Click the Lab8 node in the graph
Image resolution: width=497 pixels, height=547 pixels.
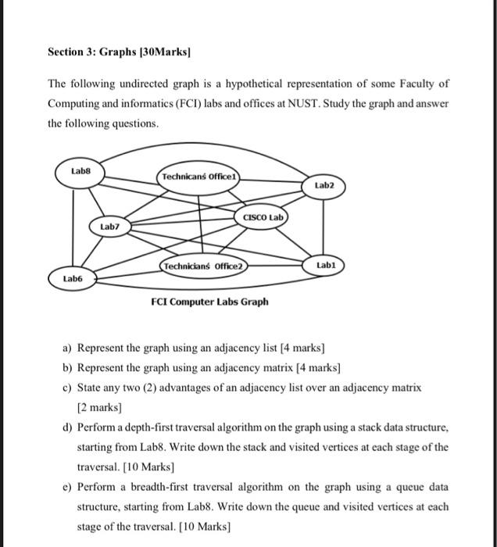[x=80, y=170]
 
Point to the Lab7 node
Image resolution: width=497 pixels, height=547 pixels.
[x=109, y=227]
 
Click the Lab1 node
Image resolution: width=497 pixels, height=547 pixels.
[x=325, y=266]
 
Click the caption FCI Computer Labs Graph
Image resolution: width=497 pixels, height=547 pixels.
[x=210, y=302]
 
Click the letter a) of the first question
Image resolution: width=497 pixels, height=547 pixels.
[x=68, y=347]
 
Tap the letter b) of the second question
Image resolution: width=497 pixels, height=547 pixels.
[x=68, y=366]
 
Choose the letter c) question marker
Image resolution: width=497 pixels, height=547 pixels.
[x=68, y=387]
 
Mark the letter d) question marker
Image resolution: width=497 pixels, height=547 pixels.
[x=68, y=427]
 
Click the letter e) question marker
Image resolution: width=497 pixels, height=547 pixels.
[x=68, y=487]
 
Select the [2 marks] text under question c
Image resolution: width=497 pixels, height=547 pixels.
[x=99, y=407]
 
